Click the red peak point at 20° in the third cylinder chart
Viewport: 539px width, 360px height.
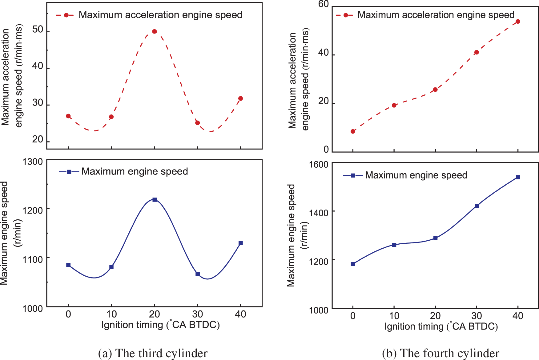155,31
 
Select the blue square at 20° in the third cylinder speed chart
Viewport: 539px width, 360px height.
155,199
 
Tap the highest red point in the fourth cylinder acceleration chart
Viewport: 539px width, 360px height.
518,22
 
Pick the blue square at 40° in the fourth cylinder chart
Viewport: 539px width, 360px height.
518,177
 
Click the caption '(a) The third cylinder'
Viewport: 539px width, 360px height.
153,353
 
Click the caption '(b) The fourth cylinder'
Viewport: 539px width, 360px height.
440,353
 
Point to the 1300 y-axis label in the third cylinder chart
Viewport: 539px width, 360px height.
33,162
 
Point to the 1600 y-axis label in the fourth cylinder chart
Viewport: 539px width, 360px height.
319,164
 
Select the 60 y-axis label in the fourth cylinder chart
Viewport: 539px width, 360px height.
324,4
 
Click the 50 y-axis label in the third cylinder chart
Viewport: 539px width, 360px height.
38,30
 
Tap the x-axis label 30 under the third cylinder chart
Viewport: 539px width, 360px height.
197,314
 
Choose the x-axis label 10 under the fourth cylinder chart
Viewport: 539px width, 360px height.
394,316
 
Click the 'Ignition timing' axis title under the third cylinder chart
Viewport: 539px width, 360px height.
160,325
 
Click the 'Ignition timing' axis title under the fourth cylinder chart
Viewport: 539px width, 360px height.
441,326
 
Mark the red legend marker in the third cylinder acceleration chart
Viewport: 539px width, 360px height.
66,15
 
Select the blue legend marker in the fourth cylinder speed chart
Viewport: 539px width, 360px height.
353,175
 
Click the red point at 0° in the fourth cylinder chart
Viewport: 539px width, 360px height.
353,131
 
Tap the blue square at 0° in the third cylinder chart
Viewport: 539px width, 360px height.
68,265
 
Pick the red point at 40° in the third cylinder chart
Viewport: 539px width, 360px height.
240,98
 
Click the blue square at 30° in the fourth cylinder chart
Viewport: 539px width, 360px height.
477,206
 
